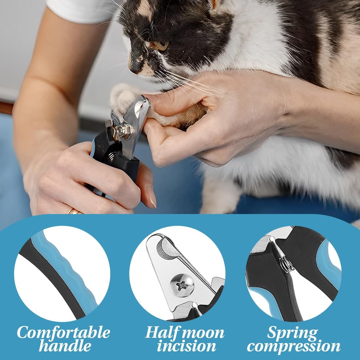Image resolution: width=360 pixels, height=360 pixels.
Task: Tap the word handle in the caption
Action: click(x=65, y=346)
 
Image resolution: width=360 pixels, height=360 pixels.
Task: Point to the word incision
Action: click(x=187, y=346)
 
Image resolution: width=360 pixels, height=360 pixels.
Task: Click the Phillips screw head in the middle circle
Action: click(x=182, y=285)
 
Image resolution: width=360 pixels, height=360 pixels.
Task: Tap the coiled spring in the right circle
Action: click(x=286, y=263)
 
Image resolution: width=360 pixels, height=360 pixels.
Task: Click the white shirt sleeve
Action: click(x=83, y=10)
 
